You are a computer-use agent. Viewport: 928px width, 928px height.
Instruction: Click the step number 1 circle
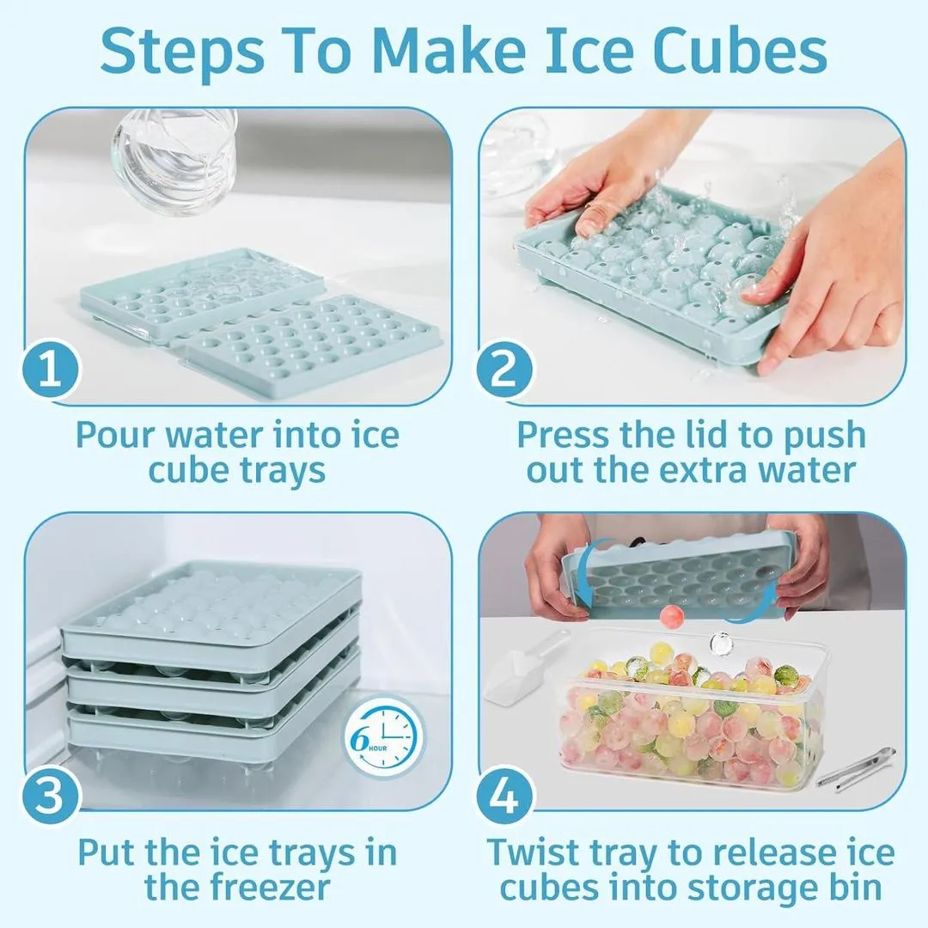pyautogui.click(x=51, y=369)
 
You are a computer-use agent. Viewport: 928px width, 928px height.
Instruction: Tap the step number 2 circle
pyautogui.click(x=504, y=369)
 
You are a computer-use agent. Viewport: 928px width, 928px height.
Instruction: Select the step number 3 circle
pyautogui.click(x=51, y=794)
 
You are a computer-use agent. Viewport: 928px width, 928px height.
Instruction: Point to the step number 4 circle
pyautogui.click(x=504, y=794)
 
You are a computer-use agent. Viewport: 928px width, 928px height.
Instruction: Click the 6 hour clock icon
pyautogui.click(x=384, y=738)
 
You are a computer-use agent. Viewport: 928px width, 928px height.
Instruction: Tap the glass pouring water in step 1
pyautogui.click(x=174, y=159)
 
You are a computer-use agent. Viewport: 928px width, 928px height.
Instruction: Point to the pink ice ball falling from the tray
pyautogui.click(x=672, y=617)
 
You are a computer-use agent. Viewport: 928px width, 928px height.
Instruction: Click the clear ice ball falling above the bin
pyautogui.click(x=721, y=644)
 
